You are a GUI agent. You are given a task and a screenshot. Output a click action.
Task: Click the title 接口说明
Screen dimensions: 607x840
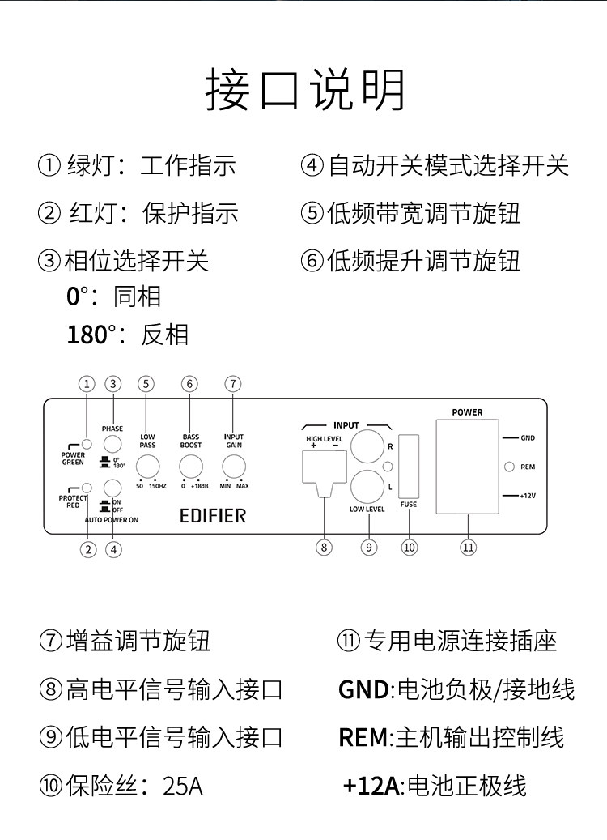click(x=305, y=90)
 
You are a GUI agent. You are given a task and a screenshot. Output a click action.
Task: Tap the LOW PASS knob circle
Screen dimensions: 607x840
click(x=148, y=467)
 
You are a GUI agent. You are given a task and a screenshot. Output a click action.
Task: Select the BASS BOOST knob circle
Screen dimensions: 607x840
click(x=190, y=467)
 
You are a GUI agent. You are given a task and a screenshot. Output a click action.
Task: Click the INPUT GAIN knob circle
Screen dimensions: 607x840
click(x=234, y=467)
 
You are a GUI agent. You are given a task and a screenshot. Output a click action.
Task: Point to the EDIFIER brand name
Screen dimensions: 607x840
click(x=213, y=516)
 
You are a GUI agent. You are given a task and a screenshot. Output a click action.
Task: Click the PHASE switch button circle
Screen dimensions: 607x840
click(x=112, y=444)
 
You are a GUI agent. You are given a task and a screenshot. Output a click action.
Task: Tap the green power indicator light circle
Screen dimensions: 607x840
click(x=86, y=444)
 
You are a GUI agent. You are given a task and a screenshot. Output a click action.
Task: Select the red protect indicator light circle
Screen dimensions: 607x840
click(x=86, y=488)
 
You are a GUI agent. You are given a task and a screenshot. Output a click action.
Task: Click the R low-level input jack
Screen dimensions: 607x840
click(x=367, y=446)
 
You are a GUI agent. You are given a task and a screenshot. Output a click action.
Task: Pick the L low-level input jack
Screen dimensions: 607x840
click(x=367, y=487)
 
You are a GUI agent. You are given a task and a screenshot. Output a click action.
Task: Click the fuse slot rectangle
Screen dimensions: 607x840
click(x=409, y=467)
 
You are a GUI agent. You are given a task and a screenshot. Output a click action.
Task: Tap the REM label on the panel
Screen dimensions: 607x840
click(x=528, y=467)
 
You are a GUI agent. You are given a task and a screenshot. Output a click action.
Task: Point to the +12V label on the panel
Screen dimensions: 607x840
click(x=527, y=496)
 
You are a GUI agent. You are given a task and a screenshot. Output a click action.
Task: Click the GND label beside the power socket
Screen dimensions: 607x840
click(x=528, y=438)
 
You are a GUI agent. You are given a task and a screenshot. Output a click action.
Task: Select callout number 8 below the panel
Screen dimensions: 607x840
click(x=324, y=548)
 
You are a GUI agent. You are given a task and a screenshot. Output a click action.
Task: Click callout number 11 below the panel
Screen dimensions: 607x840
click(x=469, y=548)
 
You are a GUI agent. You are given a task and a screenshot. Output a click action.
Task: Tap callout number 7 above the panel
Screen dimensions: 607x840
click(x=233, y=384)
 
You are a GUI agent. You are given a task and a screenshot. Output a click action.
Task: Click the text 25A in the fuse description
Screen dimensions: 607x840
click(x=183, y=786)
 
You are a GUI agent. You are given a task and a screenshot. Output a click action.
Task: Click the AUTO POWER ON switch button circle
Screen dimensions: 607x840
click(x=112, y=488)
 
